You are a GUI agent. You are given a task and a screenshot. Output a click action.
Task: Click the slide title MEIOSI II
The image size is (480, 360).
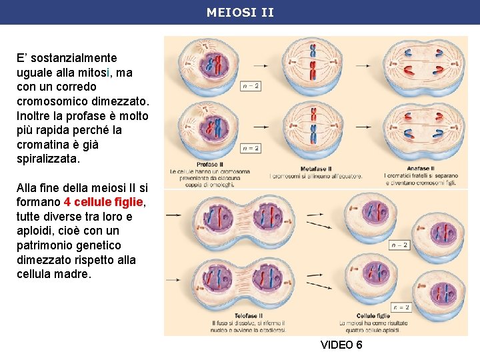point(240,12)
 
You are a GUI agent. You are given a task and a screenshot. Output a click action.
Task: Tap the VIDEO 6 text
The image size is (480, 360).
point(341,345)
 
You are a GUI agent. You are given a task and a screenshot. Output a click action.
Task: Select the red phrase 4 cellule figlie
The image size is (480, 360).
point(105,202)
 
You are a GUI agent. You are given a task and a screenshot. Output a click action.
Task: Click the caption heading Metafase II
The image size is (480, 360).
point(316,169)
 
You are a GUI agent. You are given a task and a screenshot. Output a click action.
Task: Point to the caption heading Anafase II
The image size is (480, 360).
point(419,168)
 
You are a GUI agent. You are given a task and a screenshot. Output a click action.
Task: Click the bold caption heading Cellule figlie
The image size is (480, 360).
point(373,315)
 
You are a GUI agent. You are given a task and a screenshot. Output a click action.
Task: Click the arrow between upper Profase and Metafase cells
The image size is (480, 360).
point(261,67)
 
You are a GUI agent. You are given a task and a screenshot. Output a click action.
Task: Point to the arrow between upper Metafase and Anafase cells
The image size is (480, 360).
point(364,67)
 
